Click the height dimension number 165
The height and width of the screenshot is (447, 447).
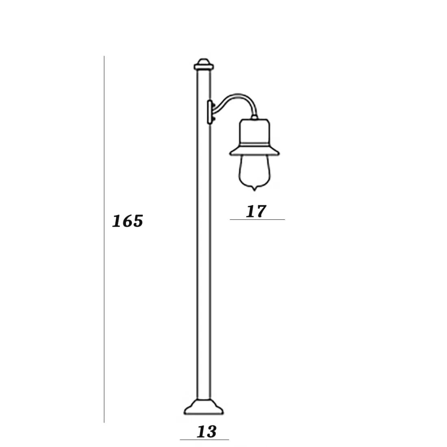(127, 221)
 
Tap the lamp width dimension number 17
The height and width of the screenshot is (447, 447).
(256, 211)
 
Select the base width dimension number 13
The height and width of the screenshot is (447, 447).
(207, 432)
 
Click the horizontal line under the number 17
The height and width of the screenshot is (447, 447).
(257, 220)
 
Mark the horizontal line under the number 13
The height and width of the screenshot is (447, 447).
(204, 440)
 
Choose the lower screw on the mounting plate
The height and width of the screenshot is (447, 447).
(213, 119)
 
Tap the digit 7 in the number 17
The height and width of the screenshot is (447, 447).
(260, 211)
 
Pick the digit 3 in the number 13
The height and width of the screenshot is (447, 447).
(212, 432)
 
